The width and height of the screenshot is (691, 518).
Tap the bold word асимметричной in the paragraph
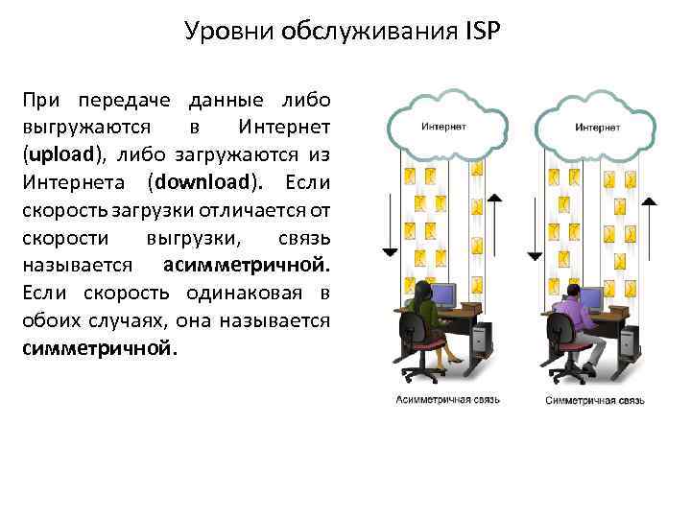(246, 264)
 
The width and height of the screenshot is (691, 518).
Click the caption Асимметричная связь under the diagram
(445, 398)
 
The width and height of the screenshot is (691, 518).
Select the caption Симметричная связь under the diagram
(595, 398)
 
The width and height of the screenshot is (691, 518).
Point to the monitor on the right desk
(590, 298)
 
